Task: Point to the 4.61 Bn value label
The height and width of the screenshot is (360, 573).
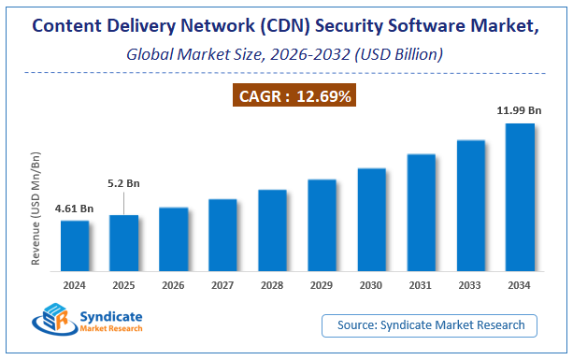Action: [x=74, y=209]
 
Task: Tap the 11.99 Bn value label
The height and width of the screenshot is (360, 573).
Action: [x=520, y=111]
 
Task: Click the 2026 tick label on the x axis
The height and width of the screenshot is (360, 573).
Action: [x=173, y=284]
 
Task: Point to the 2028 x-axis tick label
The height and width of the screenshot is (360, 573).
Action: [x=272, y=284]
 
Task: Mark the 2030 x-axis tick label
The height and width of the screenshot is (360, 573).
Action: [x=371, y=284]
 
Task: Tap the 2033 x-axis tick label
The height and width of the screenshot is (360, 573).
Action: [x=470, y=284]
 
